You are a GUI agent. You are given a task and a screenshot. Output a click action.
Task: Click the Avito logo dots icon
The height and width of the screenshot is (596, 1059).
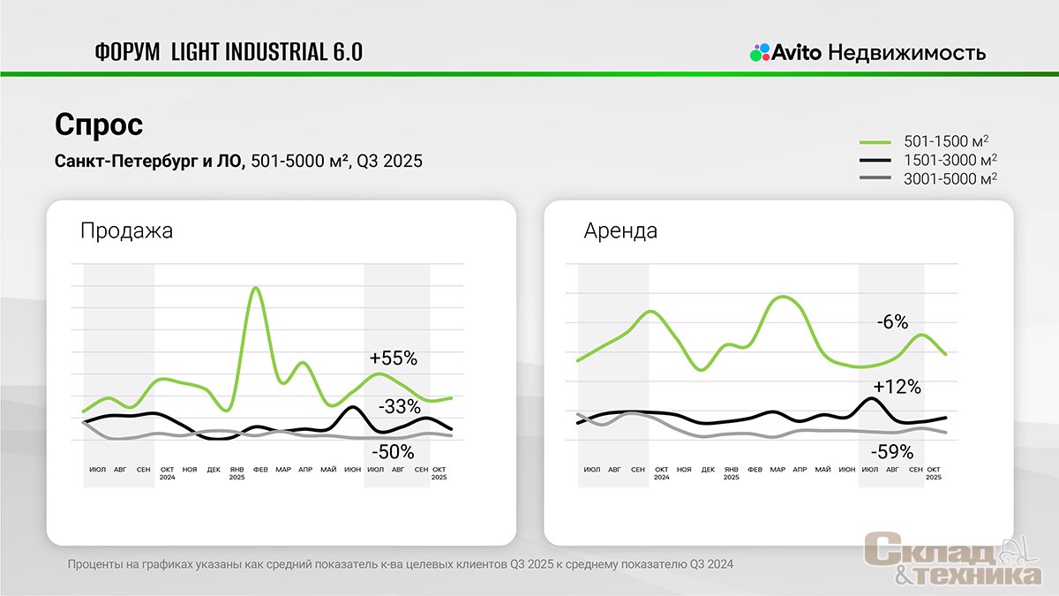coord(760,52)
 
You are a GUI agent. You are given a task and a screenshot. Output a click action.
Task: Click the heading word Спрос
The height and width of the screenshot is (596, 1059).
coord(99,124)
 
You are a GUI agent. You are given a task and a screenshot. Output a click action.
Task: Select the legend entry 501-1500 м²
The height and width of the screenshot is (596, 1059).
coord(950,141)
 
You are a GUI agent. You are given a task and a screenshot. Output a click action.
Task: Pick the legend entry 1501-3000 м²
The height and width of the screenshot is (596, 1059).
coord(950,160)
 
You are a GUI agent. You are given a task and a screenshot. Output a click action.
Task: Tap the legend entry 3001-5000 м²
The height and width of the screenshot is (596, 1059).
coord(950,178)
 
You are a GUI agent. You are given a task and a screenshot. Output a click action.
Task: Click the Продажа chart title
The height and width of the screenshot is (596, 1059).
coord(126,231)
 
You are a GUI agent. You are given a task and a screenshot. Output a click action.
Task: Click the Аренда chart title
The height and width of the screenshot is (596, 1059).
coord(620,231)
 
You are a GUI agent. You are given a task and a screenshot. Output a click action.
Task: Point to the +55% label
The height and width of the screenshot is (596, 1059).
coord(394,358)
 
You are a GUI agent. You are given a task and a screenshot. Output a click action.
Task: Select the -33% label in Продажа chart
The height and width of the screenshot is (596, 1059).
coord(399,407)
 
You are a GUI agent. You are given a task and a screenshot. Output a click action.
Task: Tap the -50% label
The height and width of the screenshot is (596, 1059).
coord(392,452)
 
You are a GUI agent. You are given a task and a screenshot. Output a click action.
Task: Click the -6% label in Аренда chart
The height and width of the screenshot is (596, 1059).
coord(892,322)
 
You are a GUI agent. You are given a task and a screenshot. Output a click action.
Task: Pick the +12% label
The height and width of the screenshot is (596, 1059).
coord(897,387)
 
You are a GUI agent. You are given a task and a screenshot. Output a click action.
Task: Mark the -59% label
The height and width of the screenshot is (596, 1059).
coord(891,452)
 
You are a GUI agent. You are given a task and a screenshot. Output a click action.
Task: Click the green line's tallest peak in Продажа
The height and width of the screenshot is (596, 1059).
coord(255,288)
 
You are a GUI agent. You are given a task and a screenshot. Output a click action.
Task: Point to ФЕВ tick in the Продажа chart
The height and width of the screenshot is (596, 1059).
coord(260,469)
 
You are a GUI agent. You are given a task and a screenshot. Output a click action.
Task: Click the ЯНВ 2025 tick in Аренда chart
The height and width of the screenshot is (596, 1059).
coord(732,472)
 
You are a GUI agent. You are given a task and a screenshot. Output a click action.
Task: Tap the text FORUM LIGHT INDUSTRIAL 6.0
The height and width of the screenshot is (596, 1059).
coord(228,52)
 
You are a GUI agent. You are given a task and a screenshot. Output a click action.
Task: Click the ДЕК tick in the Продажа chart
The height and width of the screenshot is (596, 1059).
coord(214,469)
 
